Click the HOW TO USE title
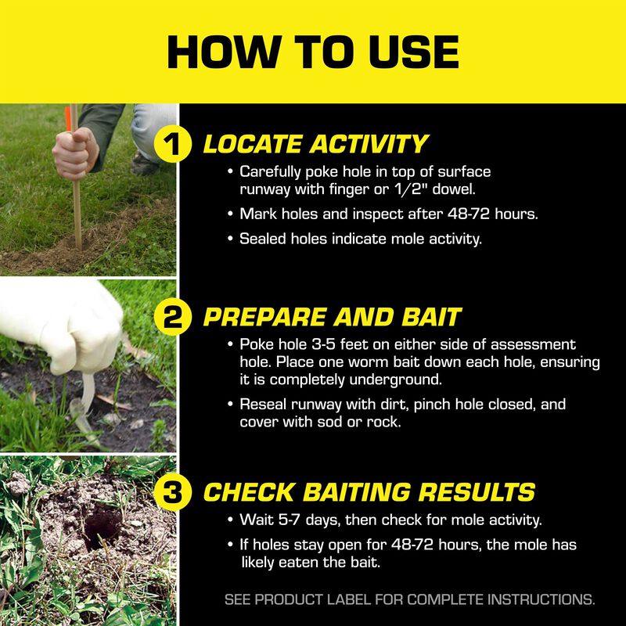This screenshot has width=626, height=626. tap(313, 52)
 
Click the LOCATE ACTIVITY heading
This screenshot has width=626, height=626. tap(315, 145)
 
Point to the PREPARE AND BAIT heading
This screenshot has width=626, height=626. tap(332, 317)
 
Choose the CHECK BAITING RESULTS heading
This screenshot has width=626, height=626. tap(369, 492)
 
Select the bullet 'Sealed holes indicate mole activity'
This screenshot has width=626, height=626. tap(360, 239)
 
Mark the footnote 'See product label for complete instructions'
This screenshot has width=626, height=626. tap(409, 600)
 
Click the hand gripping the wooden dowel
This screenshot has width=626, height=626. tap(76, 153)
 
